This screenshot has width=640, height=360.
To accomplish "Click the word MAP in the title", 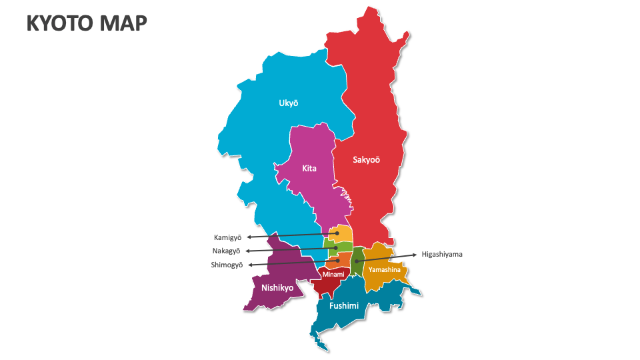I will pyautogui.click(x=124, y=23).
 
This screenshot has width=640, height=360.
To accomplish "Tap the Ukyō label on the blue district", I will pyautogui.click(x=289, y=103).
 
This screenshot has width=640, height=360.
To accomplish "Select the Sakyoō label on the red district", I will pyautogui.click(x=366, y=159).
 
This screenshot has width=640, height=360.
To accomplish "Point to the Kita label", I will pyautogui.click(x=309, y=169).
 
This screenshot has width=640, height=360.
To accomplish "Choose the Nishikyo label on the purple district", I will pyautogui.click(x=277, y=288).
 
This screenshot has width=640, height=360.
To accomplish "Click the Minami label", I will pyautogui.click(x=333, y=275).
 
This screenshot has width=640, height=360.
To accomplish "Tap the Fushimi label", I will pyautogui.click(x=344, y=306).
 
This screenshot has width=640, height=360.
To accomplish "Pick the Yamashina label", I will pyautogui.click(x=385, y=270).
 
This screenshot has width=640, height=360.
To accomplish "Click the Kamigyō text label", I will pyautogui.click(x=227, y=237).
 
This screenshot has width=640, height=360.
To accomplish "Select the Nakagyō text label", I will pyautogui.click(x=227, y=251).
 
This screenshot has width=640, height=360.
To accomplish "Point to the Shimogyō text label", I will pyautogui.click(x=227, y=265).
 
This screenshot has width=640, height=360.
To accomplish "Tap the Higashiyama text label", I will pyautogui.click(x=442, y=254).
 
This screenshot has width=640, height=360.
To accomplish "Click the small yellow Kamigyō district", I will pyautogui.click(x=342, y=233).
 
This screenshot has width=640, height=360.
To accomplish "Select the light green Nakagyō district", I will pyautogui.click(x=339, y=247).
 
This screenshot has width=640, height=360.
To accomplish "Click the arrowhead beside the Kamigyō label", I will pyautogui.click(x=249, y=237).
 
